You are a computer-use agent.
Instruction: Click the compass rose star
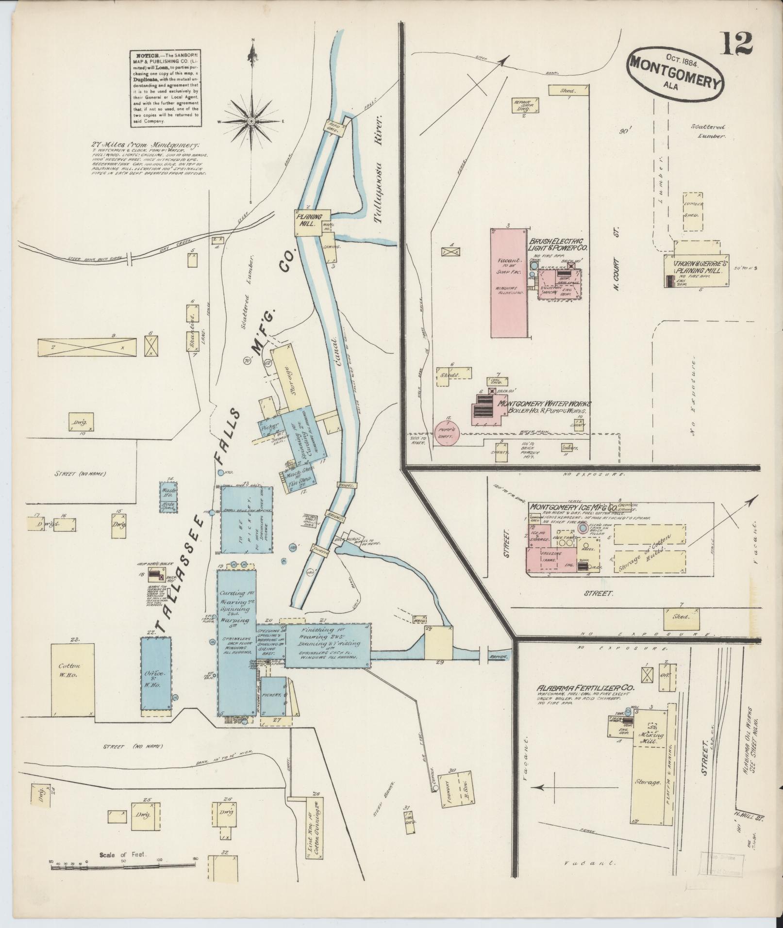252,121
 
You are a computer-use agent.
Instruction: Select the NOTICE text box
166,88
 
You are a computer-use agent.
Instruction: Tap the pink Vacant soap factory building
509,282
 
